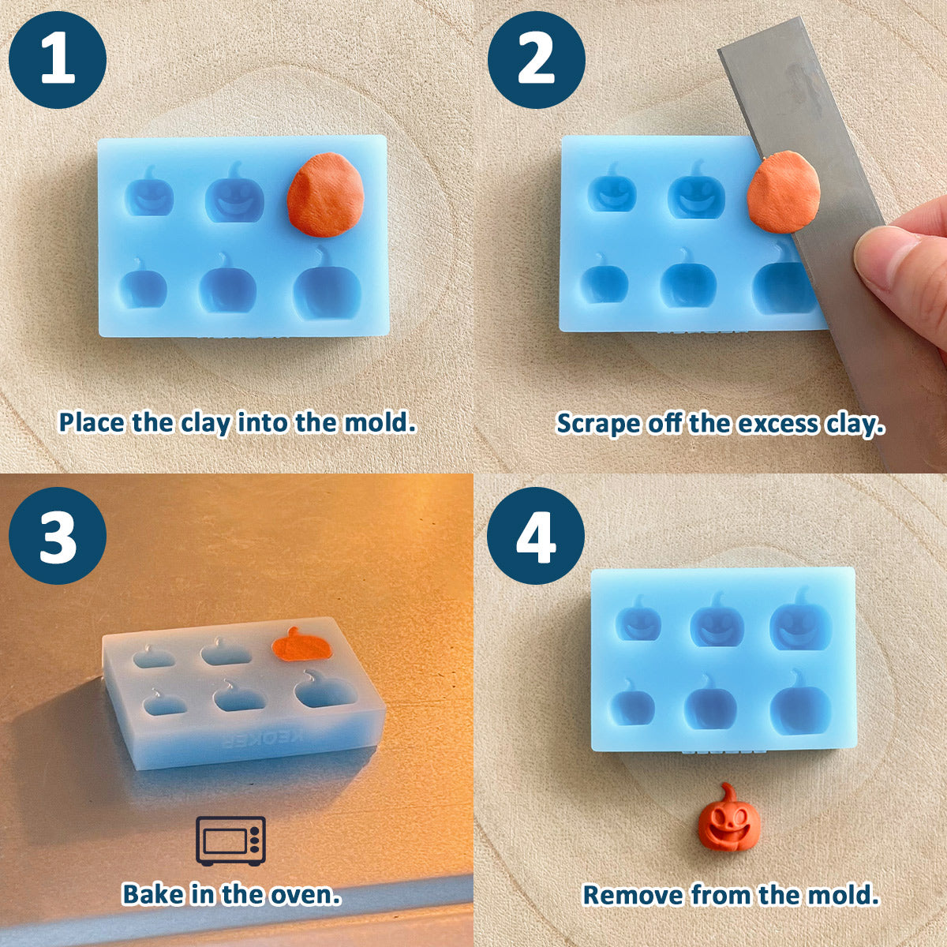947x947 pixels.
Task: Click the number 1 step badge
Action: (58, 60)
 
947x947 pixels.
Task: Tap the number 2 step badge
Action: (536, 60)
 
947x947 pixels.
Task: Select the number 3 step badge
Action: (58, 535)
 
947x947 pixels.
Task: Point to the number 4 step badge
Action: (536, 535)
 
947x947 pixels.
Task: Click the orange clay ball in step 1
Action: (325, 195)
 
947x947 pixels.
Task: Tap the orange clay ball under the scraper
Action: (784, 191)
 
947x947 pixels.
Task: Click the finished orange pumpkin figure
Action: (729, 823)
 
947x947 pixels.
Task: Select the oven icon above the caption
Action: (230, 840)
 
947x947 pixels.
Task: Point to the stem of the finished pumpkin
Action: (727, 795)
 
